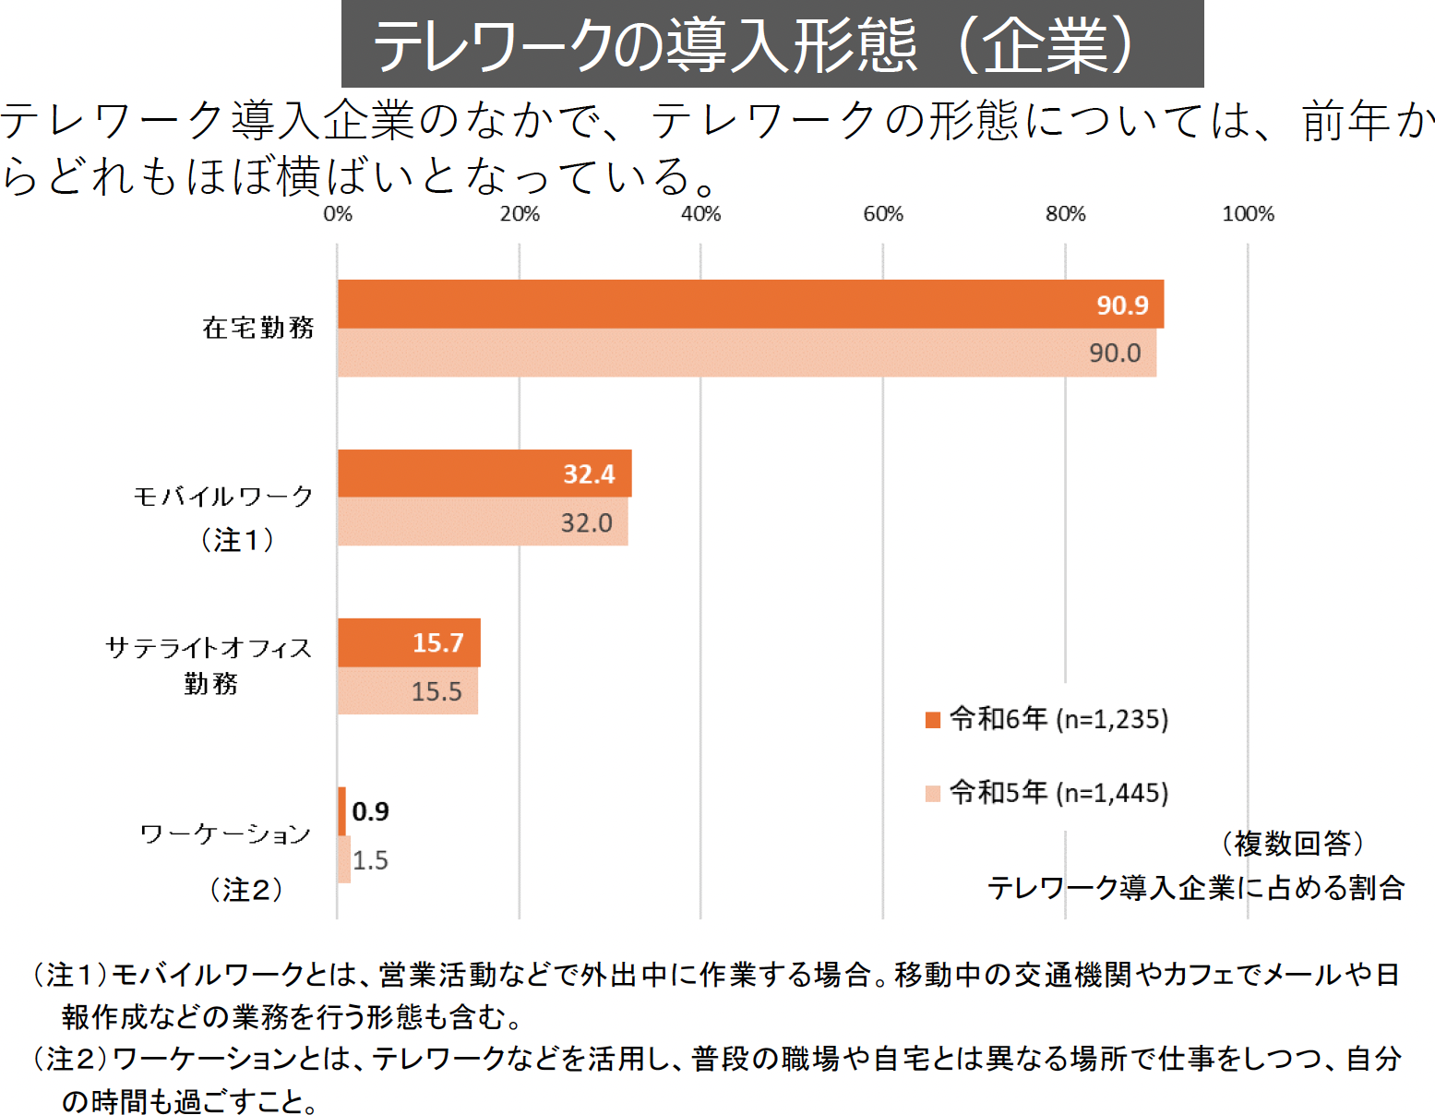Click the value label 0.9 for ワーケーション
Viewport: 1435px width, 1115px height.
370,811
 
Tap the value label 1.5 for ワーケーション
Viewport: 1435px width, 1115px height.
370,860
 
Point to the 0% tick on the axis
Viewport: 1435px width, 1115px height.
338,214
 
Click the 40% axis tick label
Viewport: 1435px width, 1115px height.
700,214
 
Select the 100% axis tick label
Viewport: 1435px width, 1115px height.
1248,214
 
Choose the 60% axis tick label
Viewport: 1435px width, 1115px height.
883,214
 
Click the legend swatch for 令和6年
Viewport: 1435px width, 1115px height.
933,719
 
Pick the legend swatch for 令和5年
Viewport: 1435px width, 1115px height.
933,793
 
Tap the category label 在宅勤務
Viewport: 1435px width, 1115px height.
258,328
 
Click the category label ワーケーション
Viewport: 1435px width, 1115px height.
225,834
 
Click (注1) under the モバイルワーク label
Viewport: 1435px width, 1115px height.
237,539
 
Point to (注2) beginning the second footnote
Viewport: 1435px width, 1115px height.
69,1058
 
